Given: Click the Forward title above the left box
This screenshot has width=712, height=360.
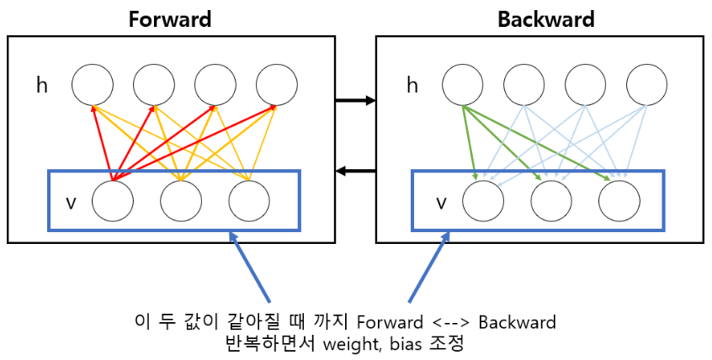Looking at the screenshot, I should [x=169, y=19].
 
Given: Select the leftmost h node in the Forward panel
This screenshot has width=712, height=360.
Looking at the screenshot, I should [x=92, y=85].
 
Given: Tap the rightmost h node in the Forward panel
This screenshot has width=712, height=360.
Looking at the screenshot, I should [x=277, y=85].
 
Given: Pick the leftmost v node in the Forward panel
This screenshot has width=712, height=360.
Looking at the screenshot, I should [x=112, y=200].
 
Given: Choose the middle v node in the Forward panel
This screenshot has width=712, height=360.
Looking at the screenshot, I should [x=180, y=200].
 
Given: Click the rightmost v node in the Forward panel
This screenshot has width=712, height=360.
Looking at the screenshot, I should [x=249, y=200].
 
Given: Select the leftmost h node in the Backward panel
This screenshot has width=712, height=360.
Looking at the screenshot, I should [x=463, y=85].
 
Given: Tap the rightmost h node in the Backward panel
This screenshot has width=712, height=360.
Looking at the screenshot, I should [x=647, y=85].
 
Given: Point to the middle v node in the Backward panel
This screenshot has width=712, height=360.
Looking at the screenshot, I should [x=551, y=200].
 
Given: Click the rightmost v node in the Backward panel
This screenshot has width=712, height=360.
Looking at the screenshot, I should [x=619, y=200].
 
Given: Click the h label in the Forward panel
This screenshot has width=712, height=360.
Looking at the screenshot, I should [x=42, y=85].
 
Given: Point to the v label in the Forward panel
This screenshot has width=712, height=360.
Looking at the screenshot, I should [x=71, y=202].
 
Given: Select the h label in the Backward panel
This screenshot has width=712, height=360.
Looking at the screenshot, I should [x=412, y=85].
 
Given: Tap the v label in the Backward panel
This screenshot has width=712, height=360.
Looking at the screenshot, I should [x=441, y=202].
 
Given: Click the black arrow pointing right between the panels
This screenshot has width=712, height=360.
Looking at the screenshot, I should [x=354, y=101].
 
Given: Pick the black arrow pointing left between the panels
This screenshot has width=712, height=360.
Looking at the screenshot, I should [x=354, y=172].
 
